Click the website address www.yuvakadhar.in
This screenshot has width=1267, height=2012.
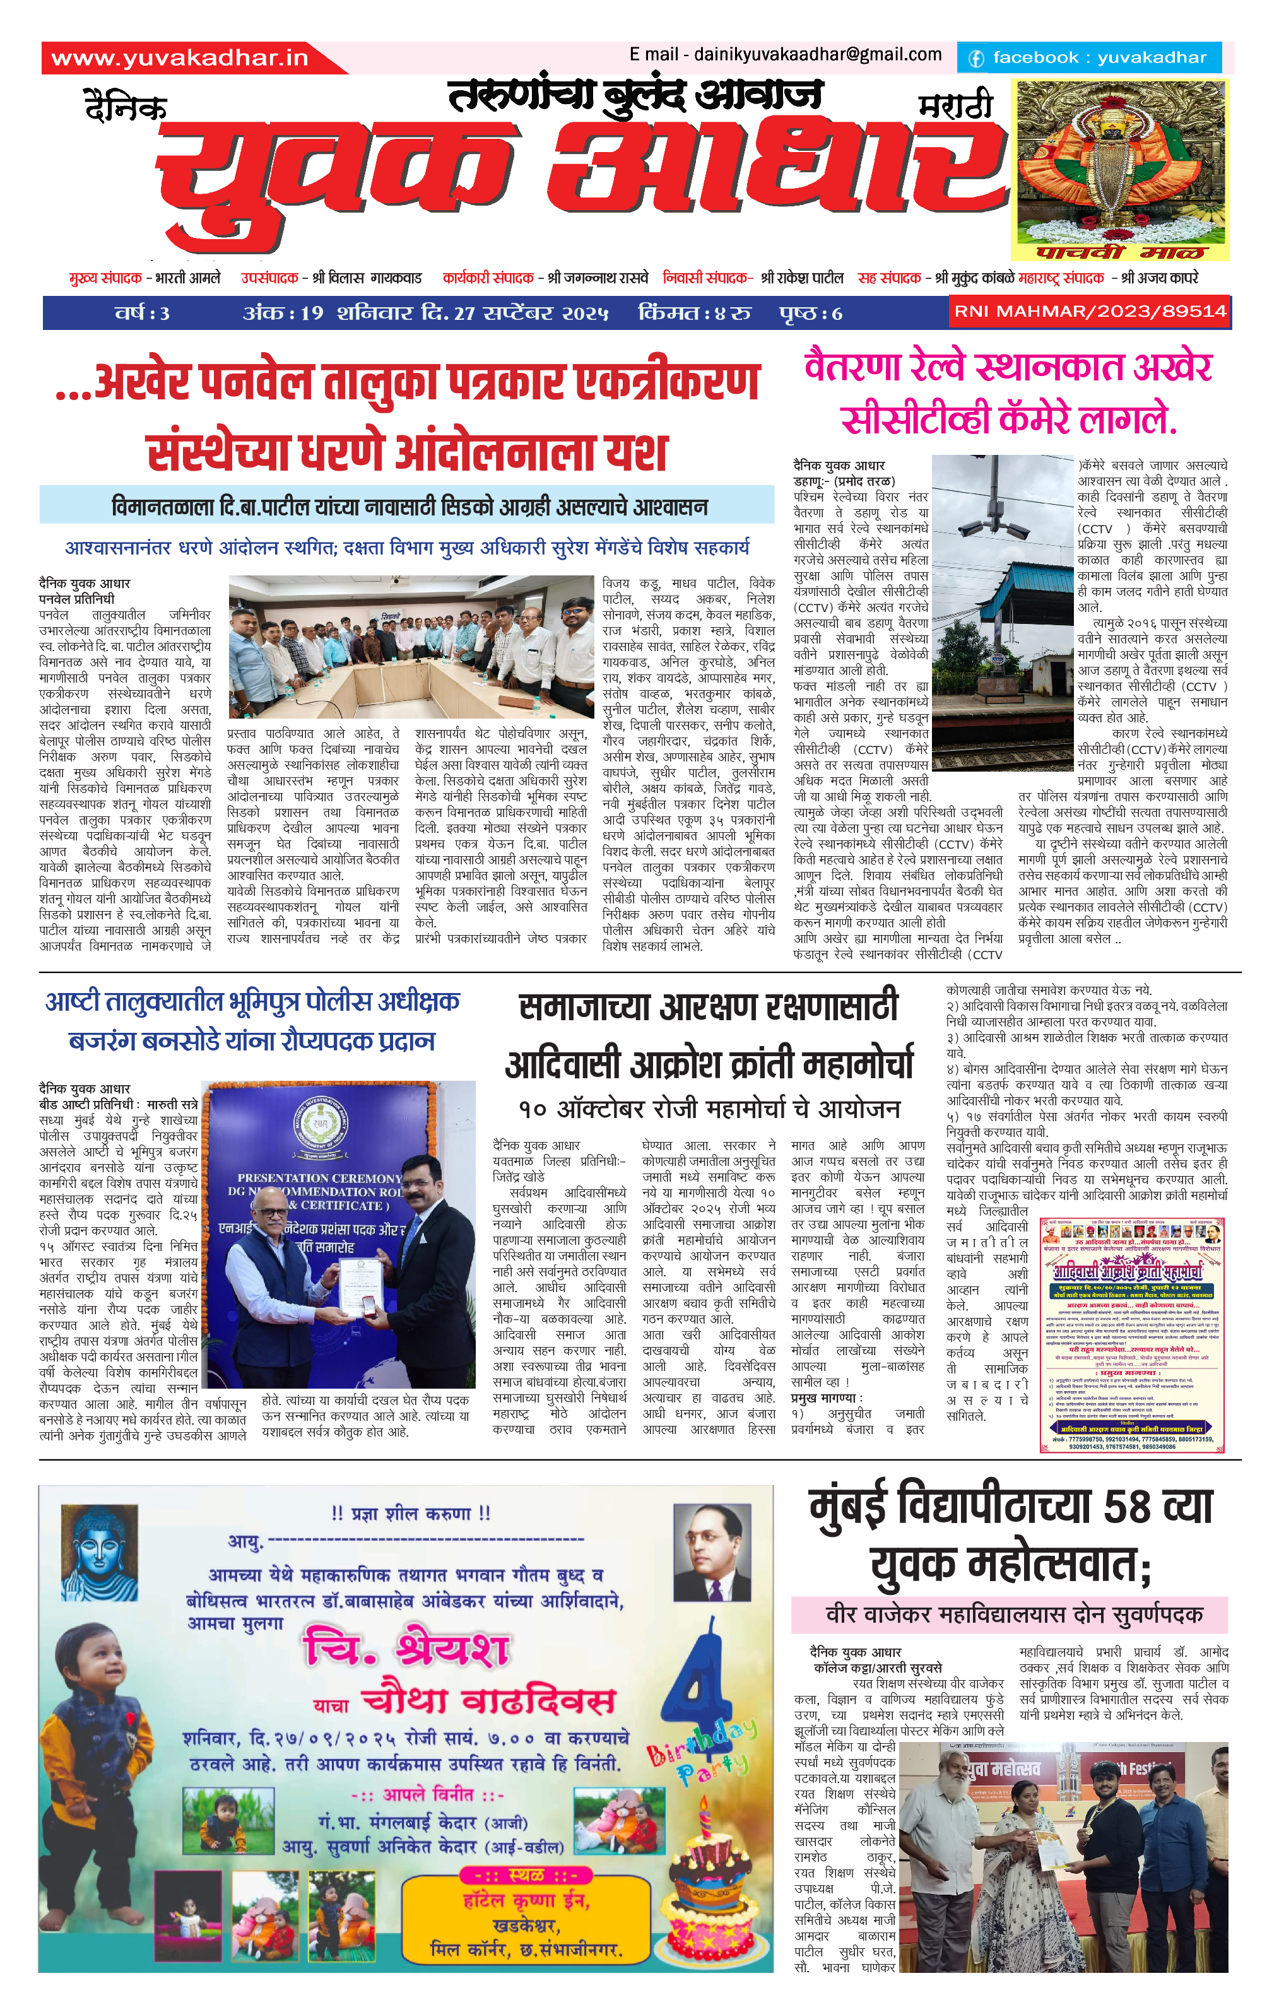pyautogui.click(x=180, y=57)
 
